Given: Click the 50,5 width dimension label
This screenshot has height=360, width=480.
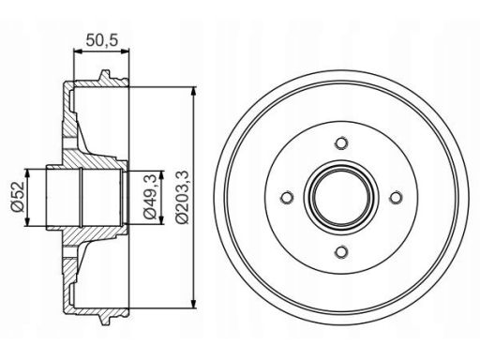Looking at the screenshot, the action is [102, 40].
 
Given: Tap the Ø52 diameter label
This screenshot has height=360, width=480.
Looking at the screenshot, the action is [18, 197].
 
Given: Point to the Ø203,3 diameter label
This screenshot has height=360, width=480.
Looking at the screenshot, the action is [182, 197].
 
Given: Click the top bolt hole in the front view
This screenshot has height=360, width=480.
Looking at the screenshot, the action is [341, 143].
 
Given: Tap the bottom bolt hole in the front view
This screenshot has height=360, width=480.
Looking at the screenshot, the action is [341, 252].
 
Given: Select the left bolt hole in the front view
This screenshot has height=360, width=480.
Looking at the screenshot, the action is [287, 198].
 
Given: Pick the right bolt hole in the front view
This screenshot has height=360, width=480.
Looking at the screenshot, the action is [396, 198].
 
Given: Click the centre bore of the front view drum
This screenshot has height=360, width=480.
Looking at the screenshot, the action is [341, 198].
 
